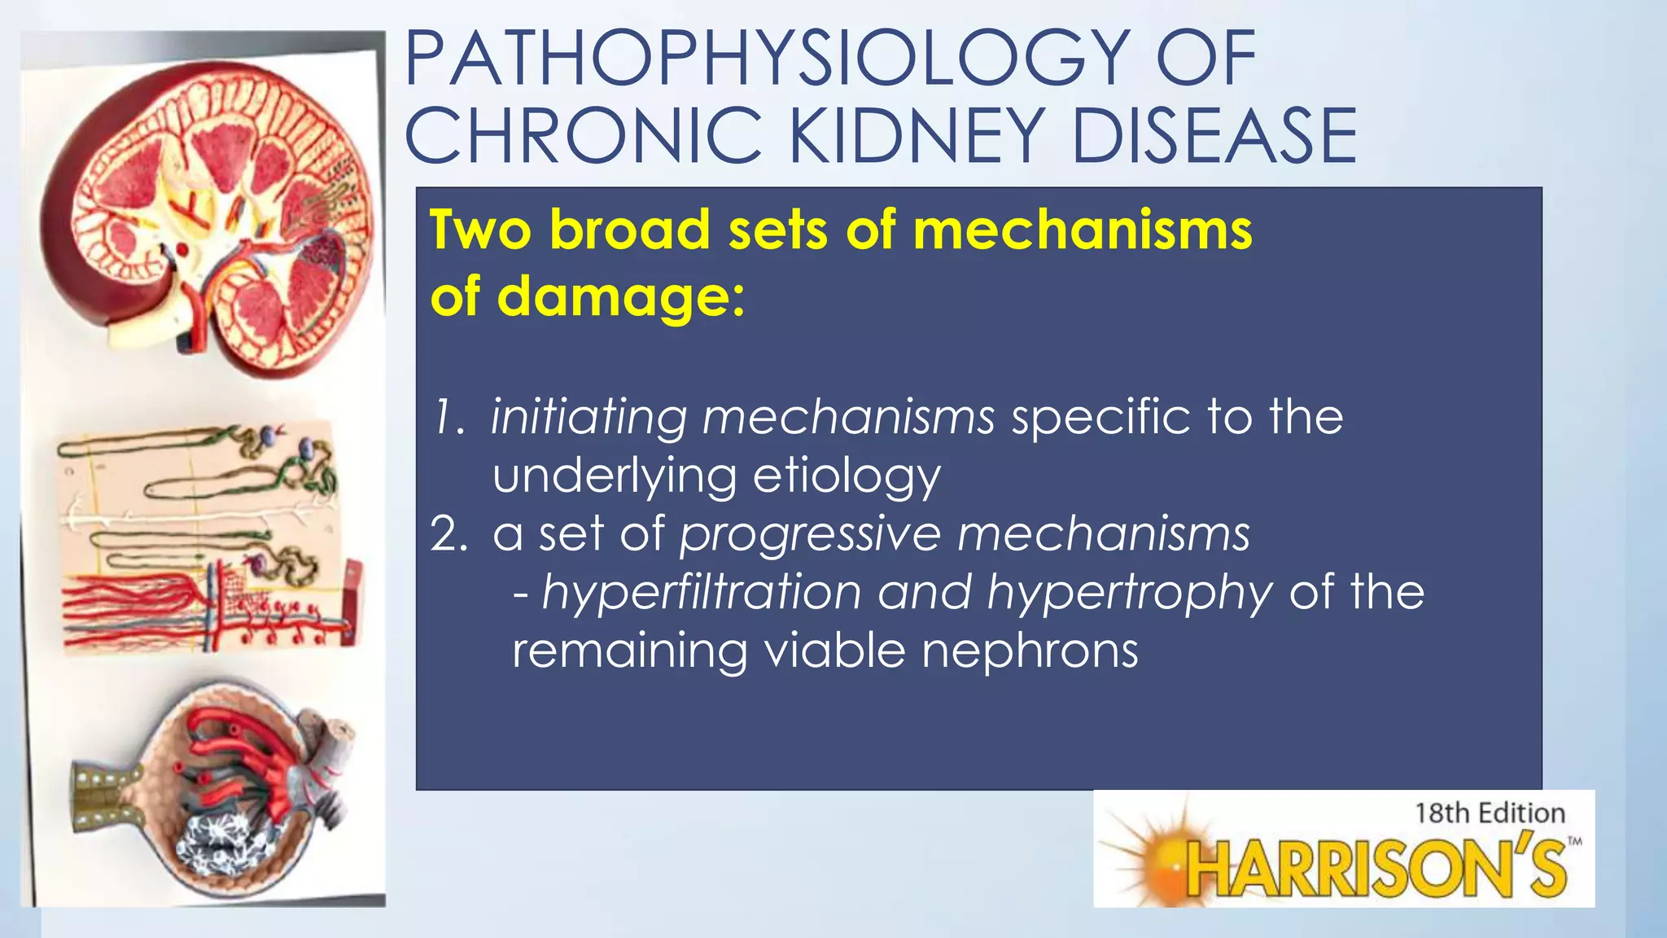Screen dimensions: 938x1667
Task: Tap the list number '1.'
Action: tap(448, 417)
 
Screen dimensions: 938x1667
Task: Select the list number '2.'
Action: tap(448, 534)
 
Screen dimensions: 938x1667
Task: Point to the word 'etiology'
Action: tap(847, 477)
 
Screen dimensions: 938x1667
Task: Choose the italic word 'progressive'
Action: tap(810, 536)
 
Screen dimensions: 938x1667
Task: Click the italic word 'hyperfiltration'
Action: tap(701, 593)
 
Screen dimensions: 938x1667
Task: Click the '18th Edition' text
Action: tap(1490, 813)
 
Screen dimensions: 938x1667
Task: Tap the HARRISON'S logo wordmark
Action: tap(1376, 867)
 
